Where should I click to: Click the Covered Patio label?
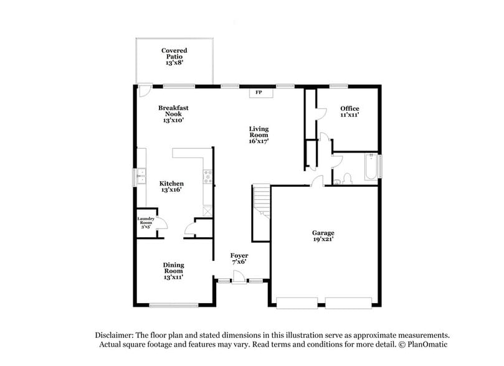[x=174, y=54]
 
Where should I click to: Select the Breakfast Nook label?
[x=173, y=111]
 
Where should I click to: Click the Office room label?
[x=349, y=109]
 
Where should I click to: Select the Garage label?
[x=323, y=233]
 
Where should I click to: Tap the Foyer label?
[x=239, y=256]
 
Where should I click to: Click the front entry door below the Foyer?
[x=239, y=282]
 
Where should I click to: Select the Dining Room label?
[x=174, y=268]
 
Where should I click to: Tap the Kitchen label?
[x=171, y=184]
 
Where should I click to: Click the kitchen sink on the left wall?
[x=141, y=177]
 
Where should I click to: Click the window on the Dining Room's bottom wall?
[x=174, y=304]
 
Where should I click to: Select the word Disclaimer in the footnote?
[x=115, y=334]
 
